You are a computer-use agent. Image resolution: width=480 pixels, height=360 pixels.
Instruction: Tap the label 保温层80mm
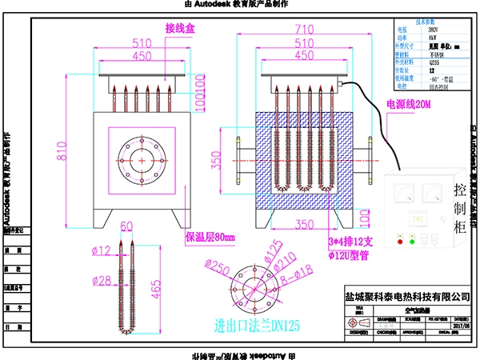tap(206, 237)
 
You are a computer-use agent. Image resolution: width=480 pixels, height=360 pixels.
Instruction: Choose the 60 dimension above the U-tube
tap(126, 227)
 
